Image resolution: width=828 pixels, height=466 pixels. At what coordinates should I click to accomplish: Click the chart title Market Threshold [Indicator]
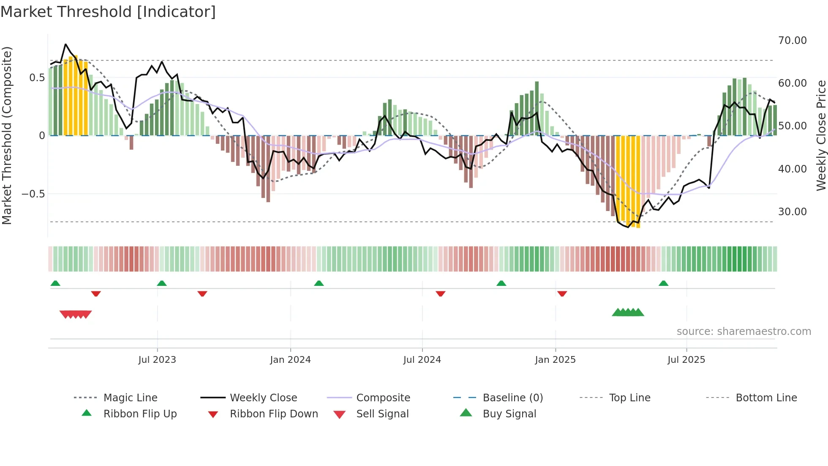coord(108,12)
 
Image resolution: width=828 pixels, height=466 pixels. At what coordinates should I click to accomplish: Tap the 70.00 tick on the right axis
coord(792,41)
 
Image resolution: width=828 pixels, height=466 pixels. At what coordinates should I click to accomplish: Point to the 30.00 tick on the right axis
coord(792,212)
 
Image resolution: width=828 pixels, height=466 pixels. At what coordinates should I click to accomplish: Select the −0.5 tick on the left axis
coord(33,194)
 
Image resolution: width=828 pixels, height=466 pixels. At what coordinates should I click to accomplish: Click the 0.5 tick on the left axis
coord(37,78)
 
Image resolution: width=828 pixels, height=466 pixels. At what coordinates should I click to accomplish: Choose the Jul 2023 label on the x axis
coord(157,360)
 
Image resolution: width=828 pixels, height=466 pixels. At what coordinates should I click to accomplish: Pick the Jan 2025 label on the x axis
coord(555,360)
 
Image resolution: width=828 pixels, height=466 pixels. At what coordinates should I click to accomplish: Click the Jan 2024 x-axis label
coord(290,360)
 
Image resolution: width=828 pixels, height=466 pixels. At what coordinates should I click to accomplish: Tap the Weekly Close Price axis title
coord(821,135)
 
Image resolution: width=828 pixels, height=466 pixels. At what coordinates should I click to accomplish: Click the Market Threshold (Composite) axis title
coord(7,135)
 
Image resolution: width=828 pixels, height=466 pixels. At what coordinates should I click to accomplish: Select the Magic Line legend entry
coord(130,398)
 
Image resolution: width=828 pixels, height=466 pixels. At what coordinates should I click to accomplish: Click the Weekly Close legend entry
coord(263,398)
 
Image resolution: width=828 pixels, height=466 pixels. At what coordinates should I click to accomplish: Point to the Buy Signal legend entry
coord(509,414)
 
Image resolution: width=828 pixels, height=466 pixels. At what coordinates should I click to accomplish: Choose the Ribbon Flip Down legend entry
coord(274,414)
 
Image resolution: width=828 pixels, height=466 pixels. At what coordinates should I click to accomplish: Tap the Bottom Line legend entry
coord(766,398)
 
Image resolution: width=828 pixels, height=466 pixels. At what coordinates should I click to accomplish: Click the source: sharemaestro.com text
coord(744,332)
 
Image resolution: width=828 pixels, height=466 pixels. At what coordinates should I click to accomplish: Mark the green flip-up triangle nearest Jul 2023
coord(162,283)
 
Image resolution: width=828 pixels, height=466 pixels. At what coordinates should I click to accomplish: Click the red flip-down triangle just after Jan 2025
coord(562,293)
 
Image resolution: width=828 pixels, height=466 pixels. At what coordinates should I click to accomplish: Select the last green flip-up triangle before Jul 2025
coord(663,283)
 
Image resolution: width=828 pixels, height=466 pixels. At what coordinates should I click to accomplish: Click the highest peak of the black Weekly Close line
coord(65,44)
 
